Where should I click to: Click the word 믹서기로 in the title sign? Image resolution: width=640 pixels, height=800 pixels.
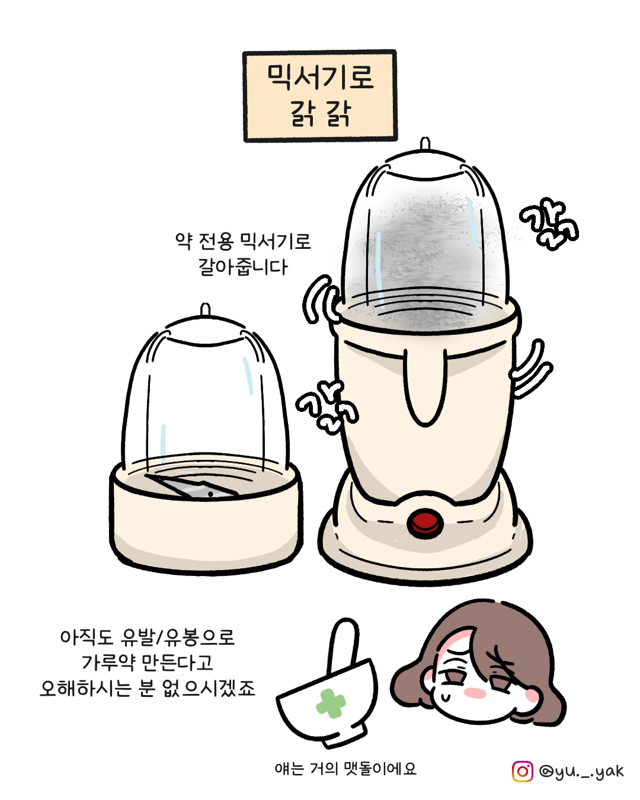[320, 78]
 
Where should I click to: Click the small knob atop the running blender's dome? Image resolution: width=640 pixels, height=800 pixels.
[425, 143]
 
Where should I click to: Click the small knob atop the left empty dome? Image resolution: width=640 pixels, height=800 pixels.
[205, 310]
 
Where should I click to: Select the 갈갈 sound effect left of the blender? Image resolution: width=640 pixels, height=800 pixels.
[327, 407]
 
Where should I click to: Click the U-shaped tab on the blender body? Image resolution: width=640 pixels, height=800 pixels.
[427, 386]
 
